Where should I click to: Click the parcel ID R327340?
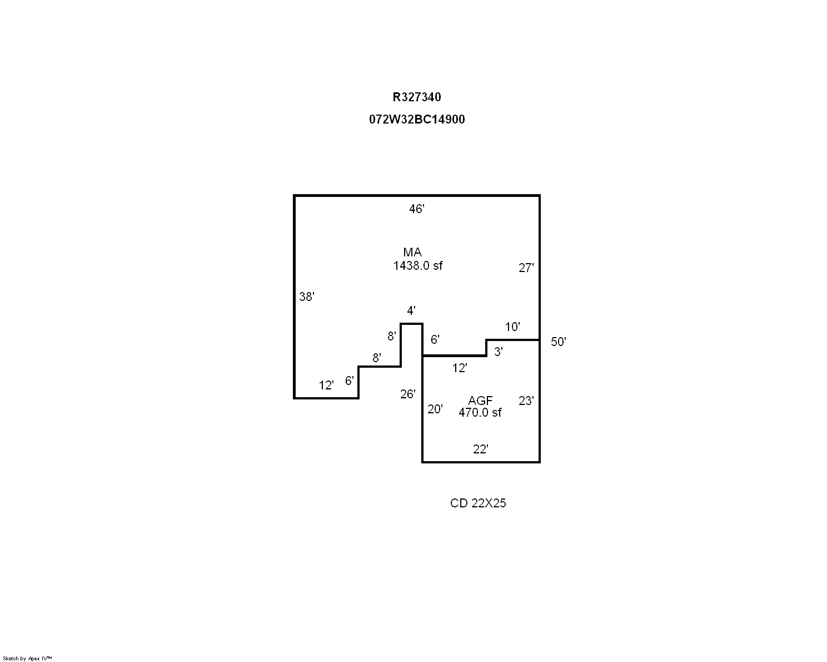coord(417,97)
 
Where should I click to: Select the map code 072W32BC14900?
coord(417,120)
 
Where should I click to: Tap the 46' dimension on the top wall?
coord(417,209)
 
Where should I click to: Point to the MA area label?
coord(412,253)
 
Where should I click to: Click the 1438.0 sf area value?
coord(418,266)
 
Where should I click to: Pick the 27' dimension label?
coord(526,268)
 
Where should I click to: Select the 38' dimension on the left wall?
coord(307,297)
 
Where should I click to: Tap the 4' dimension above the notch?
coord(411,310)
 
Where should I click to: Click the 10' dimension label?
coord(512,327)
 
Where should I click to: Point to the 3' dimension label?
coord(499,352)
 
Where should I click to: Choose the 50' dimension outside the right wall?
coord(558,342)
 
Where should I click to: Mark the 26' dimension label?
coord(408,394)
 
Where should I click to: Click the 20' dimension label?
coord(435,409)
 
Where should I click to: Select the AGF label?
coord(480,401)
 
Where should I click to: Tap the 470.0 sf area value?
coord(480,413)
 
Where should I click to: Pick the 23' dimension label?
coord(526,401)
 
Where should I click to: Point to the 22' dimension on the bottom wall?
coord(481,449)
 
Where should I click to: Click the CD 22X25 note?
coord(478,503)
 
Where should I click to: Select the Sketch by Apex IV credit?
coord(27,658)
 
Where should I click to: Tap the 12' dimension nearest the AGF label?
coord(460,368)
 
